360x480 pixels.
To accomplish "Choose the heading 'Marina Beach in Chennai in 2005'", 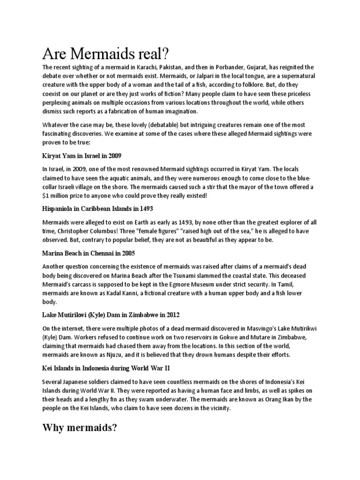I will tap(88, 253).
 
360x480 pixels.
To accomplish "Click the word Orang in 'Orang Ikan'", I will tap(281, 399).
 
